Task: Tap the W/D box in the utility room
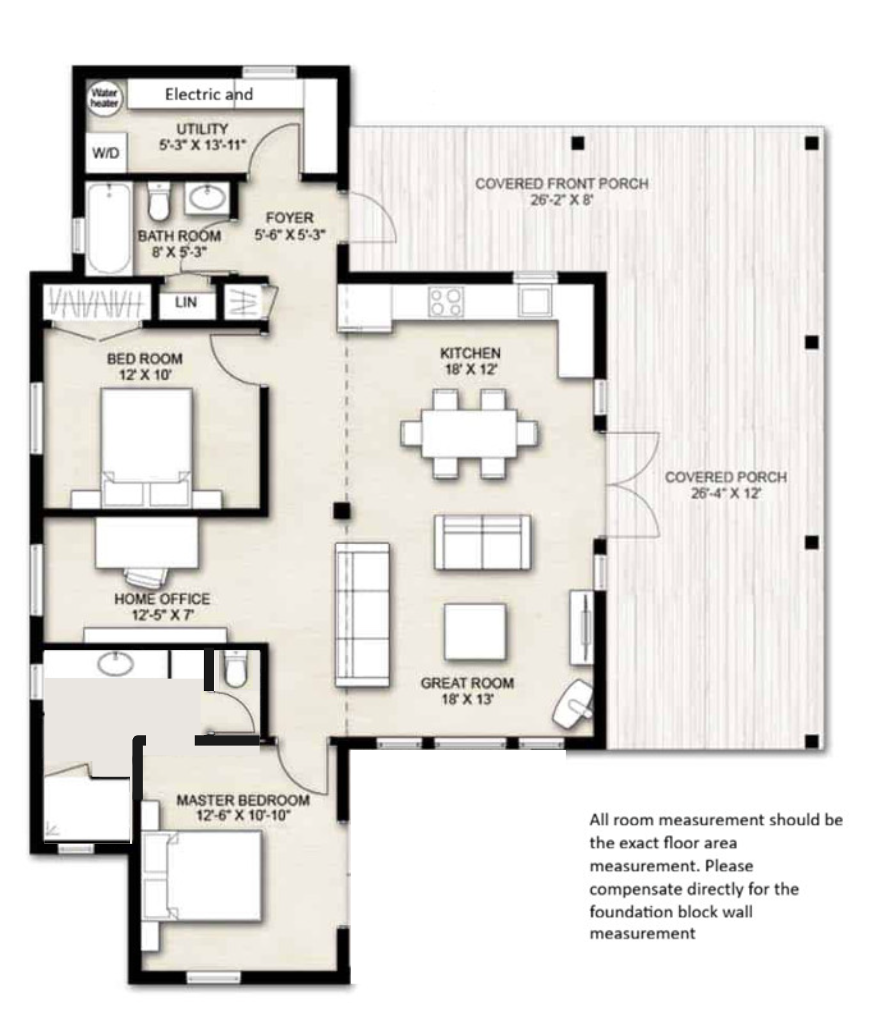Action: point(106,153)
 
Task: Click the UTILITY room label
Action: point(202,129)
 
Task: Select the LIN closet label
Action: point(185,302)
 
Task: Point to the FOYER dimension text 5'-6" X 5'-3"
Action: point(290,235)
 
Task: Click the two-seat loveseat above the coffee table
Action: point(483,542)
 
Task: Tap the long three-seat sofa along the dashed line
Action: point(362,615)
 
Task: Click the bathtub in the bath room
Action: point(109,228)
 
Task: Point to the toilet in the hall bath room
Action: point(159,201)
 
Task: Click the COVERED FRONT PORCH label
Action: point(562,184)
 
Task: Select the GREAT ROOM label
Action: point(467,683)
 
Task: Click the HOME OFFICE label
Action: point(162,599)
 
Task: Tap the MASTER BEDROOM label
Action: point(243,800)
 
